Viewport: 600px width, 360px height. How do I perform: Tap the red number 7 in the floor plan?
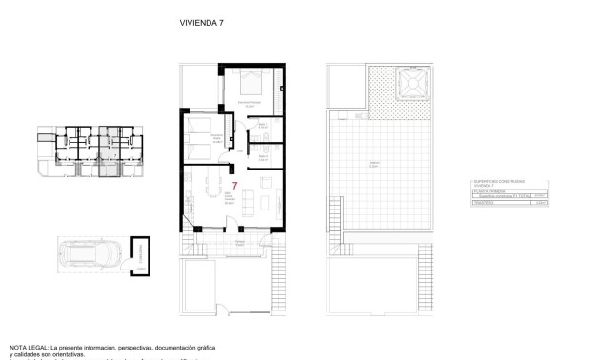tap(234, 185)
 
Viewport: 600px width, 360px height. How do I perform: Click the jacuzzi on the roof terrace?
tap(412, 83)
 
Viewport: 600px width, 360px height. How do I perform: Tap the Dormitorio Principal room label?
tap(250, 104)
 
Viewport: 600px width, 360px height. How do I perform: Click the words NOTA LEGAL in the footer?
tap(28, 348)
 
